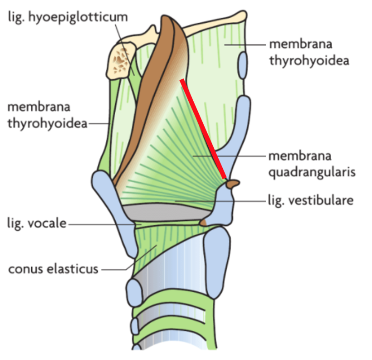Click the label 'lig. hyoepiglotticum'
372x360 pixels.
coord(68,18)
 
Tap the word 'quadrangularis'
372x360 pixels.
coord(312,172)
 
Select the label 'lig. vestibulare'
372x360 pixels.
coord(311,201)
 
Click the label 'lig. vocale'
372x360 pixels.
coord(37,224)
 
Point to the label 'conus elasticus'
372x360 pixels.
coord(53,269)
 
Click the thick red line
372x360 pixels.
coord(203,129)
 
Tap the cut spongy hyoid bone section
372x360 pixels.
coord(121,61)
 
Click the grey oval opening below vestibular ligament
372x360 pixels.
coord(167,212)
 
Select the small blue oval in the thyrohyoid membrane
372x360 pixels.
coord(242,65)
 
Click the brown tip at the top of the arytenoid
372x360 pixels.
coord(233,184)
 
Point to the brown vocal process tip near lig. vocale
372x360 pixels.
coord(204,223)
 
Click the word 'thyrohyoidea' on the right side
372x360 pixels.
coord(309,61)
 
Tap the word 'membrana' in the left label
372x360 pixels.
coord(39,107)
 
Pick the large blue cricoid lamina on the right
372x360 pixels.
coord(216,262)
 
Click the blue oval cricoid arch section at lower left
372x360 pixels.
coord(134,293)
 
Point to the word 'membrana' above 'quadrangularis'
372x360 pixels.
coord(300,156)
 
